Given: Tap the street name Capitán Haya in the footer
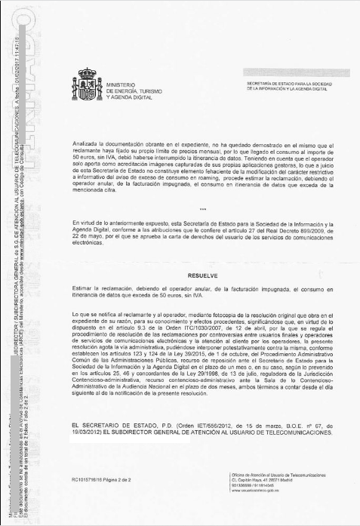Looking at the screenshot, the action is click(254, 479).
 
